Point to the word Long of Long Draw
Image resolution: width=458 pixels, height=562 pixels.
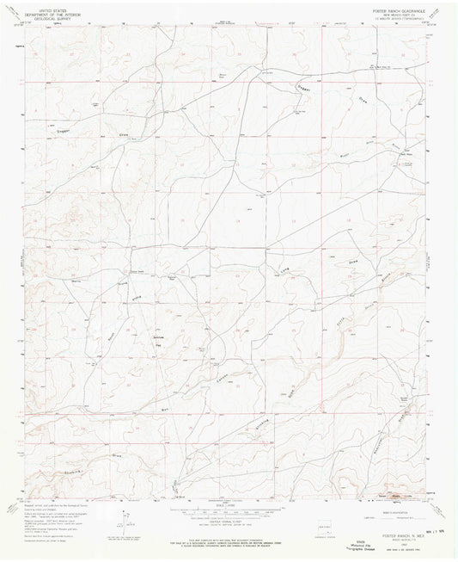[x=287, y=274]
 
